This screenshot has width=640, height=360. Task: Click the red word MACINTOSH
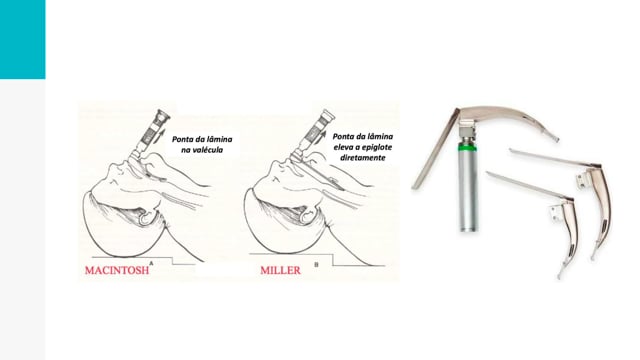[117, 270]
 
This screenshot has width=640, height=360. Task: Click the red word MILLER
[280, 270]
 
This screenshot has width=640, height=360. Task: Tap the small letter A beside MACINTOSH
[151, 264]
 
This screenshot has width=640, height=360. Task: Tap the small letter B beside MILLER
[316, 264]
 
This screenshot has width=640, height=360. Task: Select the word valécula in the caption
[207, 150]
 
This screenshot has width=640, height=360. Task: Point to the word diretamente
[362, 158]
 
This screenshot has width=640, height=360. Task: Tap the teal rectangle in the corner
[22, 39]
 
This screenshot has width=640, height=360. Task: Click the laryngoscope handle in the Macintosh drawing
[151, 133]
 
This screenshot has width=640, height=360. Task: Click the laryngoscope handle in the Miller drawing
[314, 133]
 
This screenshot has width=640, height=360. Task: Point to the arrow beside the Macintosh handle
[160, 136]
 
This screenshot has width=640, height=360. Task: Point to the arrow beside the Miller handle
[322, 136]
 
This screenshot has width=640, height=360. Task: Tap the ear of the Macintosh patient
[146, 216]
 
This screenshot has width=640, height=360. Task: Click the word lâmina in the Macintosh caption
[219, 139]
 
